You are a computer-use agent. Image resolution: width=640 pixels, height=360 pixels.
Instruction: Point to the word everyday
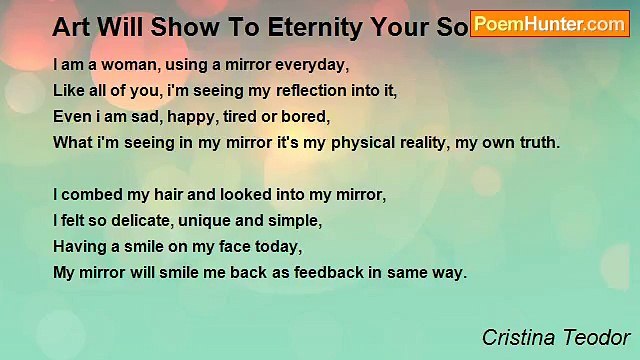point(307,65)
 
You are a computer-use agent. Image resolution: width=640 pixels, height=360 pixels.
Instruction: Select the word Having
point(80,246)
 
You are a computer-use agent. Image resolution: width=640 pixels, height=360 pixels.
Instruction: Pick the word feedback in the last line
point(322,272)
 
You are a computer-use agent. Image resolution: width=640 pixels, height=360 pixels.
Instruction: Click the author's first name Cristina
point(514,338)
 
